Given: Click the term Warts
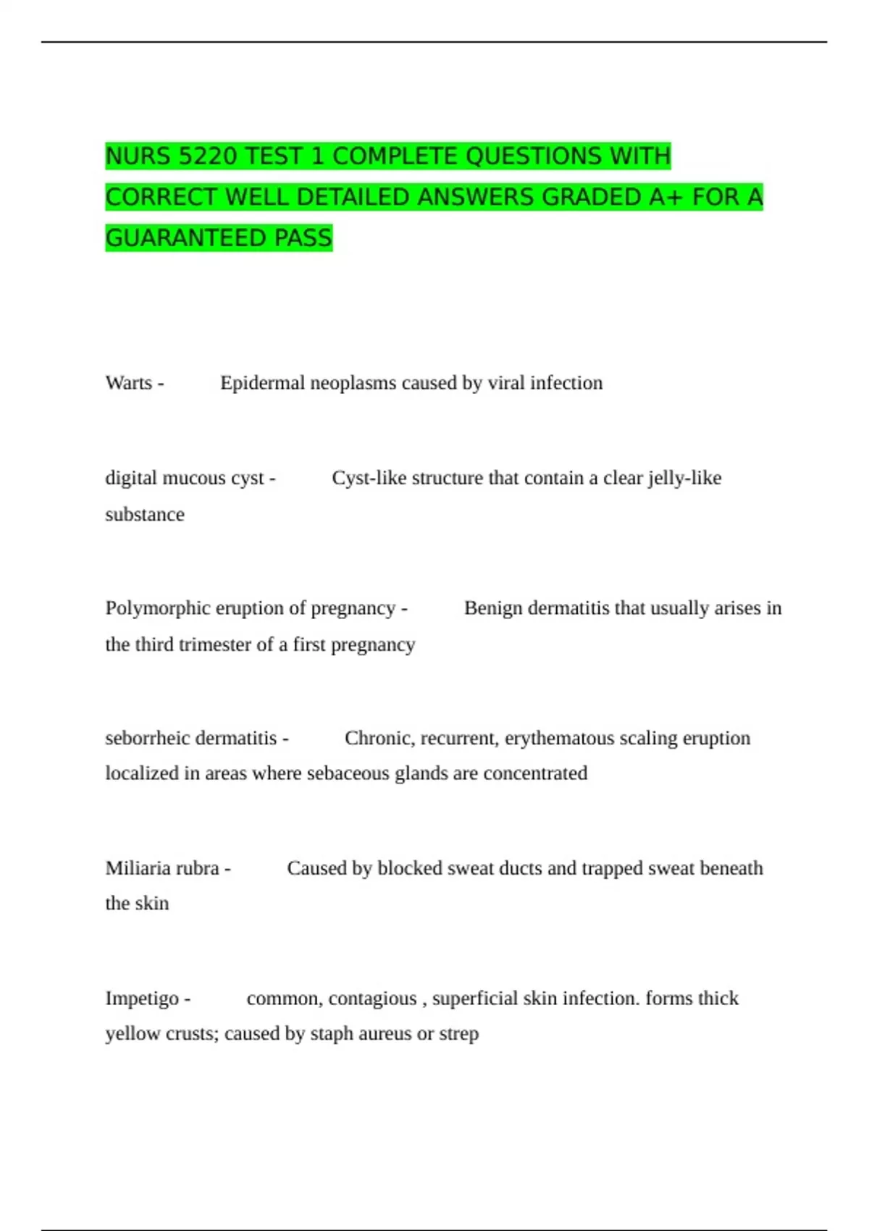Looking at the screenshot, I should pyautogui.click(x=129, y=382).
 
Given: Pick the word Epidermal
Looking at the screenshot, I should pyautogui.click(x=262, y=382).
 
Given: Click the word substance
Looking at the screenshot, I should pyautogui.click(x=145, y=514).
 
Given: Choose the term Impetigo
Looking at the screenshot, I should pyautogui.click(x=142, y=998).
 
